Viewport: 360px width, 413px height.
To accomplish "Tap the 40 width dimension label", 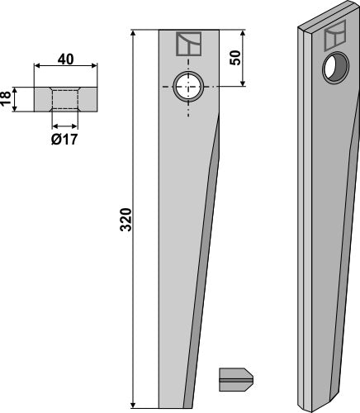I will pyautogui.click(x=65, y=59).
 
